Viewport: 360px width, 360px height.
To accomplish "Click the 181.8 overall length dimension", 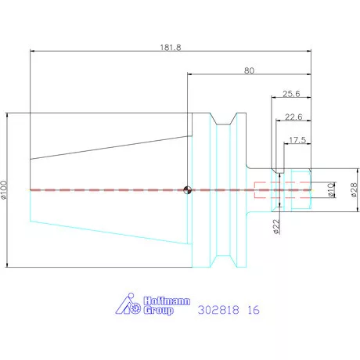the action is pyautogui.click(x=171, y=48).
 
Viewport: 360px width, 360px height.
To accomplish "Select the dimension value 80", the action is pyautogui.click(x=249, y=70).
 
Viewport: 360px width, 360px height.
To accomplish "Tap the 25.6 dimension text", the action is pyautogui.click(x=291, y=94).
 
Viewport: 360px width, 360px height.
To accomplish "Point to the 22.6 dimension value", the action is pyautogui.click(x=293, y=117).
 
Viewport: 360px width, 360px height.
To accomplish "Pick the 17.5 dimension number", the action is pyautogui.click(x=297, y=140).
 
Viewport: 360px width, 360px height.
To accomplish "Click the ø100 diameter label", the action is pyautogui.click(x=4, y=190).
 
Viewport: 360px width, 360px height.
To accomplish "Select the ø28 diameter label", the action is pyautogui.click(x=354, y=189).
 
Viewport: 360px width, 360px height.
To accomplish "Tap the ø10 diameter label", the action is pyautogui.click(x=331, y=190).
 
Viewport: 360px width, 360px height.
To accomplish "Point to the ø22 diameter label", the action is pyautogui.click(x=276, y=226).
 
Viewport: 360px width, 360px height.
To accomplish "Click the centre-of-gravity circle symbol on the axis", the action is pyautogui.click(x=187, y=190).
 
